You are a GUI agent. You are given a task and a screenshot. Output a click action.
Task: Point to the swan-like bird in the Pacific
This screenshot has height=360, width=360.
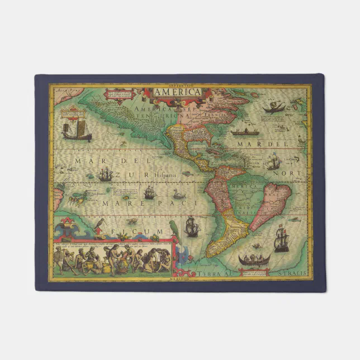pos(179,194)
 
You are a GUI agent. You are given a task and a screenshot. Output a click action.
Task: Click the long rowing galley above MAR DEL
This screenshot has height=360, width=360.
pos(247,132)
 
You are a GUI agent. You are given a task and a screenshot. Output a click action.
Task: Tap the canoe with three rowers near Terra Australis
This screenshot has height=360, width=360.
pos(254,260)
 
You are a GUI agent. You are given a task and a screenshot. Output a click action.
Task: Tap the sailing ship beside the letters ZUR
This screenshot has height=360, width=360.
pos(105,175)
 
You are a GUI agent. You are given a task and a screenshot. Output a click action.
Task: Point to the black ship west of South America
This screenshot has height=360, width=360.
pos(192,226)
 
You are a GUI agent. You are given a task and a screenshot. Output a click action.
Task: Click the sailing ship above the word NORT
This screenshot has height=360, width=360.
pos(273,162)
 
